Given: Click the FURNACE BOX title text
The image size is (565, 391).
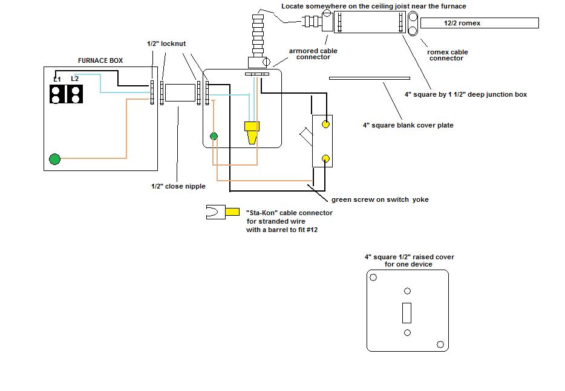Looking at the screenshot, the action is coord(100,60).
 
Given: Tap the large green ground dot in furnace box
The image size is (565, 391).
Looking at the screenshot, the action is coord(55,159).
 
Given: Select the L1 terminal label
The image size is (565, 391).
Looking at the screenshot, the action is coord(57,79).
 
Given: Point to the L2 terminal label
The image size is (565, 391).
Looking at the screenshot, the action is coord(74,79).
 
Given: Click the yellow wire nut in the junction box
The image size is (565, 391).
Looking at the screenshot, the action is coord(252,132).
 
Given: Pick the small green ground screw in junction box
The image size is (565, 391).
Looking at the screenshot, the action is coord(214,136).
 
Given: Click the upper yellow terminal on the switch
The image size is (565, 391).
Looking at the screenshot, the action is coord(325,124).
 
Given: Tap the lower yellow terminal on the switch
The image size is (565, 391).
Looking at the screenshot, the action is coord(325,158).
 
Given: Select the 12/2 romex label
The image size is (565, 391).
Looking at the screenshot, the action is coord(462,23).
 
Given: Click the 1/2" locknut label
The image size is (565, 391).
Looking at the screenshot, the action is coord(166,44).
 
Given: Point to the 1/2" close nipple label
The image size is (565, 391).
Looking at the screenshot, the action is coord(178,186).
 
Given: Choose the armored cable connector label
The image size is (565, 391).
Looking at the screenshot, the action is coord(313,54).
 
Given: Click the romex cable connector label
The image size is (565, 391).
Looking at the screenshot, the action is coord(447,55).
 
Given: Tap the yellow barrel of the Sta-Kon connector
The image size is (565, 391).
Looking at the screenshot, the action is coord(232,212).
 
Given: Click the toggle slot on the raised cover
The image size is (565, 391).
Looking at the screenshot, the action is coord(407,313).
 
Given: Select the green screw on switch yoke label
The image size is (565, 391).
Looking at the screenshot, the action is coord(380,199).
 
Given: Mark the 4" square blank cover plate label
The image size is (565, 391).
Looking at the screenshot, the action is coord(408,125).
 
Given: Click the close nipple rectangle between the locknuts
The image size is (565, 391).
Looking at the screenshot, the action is coord(180,92).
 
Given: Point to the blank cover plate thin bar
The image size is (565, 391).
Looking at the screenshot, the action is coord(370,78).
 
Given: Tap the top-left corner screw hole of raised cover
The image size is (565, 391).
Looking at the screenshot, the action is coord(373,277).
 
